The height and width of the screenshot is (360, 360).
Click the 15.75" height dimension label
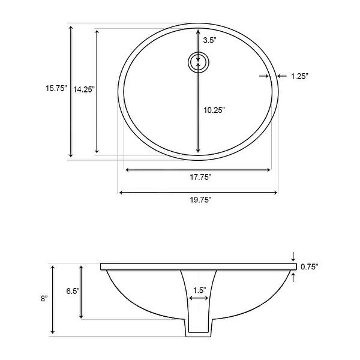pos(55,88)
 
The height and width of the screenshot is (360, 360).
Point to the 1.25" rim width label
pos(299,76)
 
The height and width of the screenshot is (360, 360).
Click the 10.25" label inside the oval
pos(213,110)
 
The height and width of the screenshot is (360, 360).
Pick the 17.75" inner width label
pos(198,178)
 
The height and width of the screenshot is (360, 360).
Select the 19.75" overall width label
pos(198,200)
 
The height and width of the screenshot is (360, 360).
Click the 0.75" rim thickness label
pos(309,266)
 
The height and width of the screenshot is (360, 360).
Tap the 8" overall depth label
pos(41,298)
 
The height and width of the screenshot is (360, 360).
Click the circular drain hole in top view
pos(198,62)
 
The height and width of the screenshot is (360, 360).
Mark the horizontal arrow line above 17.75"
pos(198,170)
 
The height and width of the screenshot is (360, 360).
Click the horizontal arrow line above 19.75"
pos(198,192)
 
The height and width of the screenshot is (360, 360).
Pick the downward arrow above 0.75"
pos(293,256)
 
